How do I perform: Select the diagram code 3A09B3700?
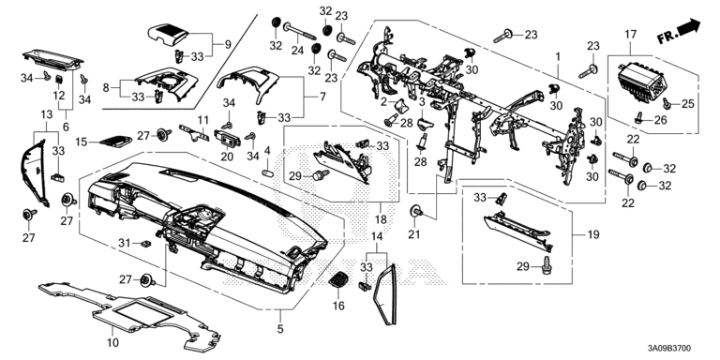click(x=668, y=349)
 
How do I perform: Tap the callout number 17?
click(x=630, y=35)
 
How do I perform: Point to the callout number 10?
click(x=112, y=342)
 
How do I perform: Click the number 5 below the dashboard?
click(x=280, y=329)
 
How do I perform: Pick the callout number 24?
click(x=297, y=50)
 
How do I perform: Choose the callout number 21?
click(x=414, y=234)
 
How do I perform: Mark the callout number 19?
click(x=593, y=234)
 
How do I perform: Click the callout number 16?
click(x=338, y=306)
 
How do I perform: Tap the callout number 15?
click(x=82, y=142)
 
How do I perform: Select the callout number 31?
click(x=125, y=242)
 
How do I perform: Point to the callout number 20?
click(x=227, y=157)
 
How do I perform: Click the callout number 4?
click(x=267, y=150)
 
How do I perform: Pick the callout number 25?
click(x=687, y=104)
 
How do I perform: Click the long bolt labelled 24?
click(x=300, y=31)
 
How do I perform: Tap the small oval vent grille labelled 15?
click(x=115, y=142)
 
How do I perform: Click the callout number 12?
click(x=59, y=95)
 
